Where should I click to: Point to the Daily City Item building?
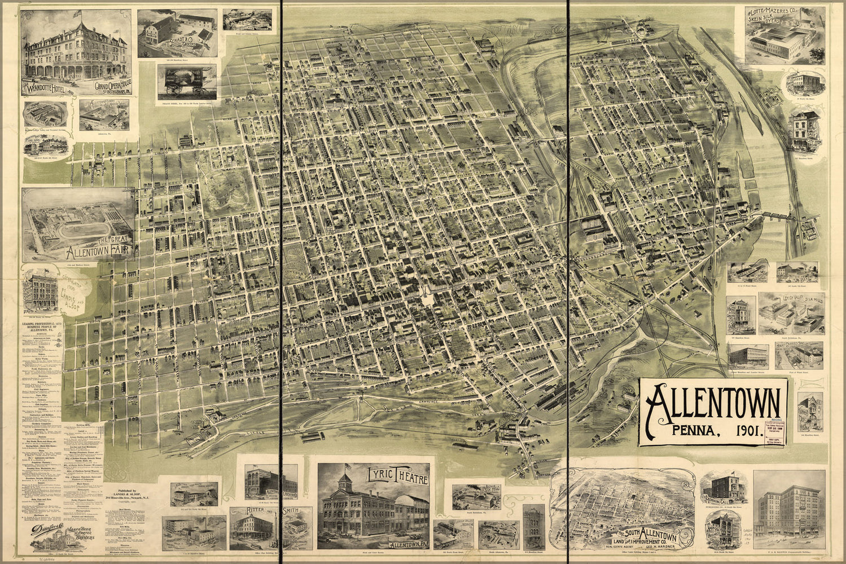[804, 131]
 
